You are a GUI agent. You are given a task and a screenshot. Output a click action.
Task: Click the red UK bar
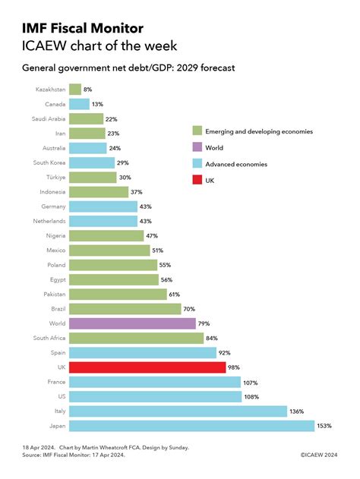click(x=147, y=367)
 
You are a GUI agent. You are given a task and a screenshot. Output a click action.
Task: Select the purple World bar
click(x=131, y=323)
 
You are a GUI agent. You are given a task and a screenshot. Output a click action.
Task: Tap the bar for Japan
click(x=191, y=426)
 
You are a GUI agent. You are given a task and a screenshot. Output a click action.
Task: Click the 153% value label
click(x=324, y=426)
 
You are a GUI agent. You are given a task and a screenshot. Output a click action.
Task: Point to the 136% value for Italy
click(x=297, y=411)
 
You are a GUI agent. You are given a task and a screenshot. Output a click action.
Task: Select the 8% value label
click(x=87, y=90)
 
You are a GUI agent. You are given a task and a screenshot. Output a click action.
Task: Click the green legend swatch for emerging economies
click(x=197, y=131)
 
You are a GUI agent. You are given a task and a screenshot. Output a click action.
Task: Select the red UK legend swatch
click(x=197, y=181)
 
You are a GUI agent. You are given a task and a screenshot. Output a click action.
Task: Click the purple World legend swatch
click(x=197, y=148)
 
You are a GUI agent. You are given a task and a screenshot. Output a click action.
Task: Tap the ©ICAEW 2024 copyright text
click(x=318, y=455)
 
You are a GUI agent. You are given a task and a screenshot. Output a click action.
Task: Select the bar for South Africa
click(x=135, y=338)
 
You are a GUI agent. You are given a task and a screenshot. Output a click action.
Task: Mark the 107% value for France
click(x=251, y=382)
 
